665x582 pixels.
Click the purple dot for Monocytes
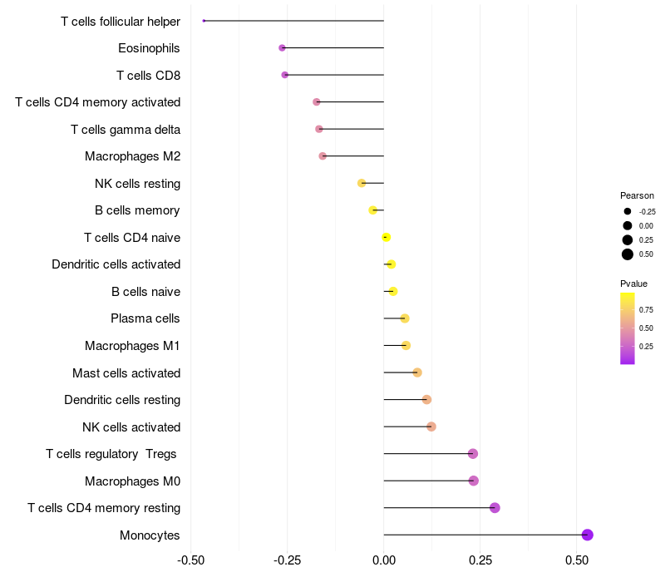point(587,535)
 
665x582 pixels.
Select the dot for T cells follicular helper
point(204,21)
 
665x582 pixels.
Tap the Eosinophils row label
point(149,48)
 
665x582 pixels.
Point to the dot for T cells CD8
point(285,75)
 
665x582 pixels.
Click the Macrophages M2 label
point(132,156)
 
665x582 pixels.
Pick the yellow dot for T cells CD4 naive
point(386,237)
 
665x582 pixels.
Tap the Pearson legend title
point(637,195)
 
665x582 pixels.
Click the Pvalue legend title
point(633,284)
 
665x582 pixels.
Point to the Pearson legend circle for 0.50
point(628,254)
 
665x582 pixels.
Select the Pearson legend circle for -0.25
point(628,211)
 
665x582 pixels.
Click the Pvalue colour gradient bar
point(628,328)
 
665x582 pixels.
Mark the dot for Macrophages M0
point(473,481)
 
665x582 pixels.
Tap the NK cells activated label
point(131,427)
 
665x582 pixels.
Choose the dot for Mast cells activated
point(417,372)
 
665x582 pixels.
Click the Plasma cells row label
point(145,318)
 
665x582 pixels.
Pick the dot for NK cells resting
point(362,183)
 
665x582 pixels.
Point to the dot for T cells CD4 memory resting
point(495,508)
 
